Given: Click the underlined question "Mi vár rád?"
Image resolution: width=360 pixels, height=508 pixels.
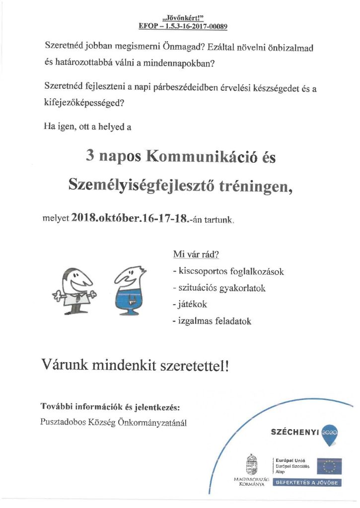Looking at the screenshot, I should pyautogui.click(x=196, y=255).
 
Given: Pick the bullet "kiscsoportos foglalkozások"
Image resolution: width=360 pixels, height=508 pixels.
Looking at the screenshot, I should pyautogui.click(x=228, y=272).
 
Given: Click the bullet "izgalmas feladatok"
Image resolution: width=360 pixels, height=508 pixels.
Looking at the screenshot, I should pyautogui.click(x=212, y=321).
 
